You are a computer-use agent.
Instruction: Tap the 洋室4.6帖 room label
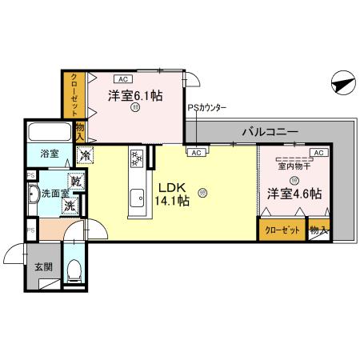coord(294,194)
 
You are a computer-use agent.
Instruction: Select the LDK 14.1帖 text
coord(174,194)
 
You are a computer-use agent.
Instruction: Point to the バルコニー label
coord(270,131)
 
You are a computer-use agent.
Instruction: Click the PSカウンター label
coord(207,106)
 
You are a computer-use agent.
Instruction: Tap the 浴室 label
coord(39,154)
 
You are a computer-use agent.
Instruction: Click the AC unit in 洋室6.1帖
coord(123,79)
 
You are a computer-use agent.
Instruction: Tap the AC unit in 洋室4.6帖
coord(317,152)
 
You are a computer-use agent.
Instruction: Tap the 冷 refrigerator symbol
coord(84,155)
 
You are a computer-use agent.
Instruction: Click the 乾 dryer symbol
coord(75,182)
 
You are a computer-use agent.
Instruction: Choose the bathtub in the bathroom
coord(48,133)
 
